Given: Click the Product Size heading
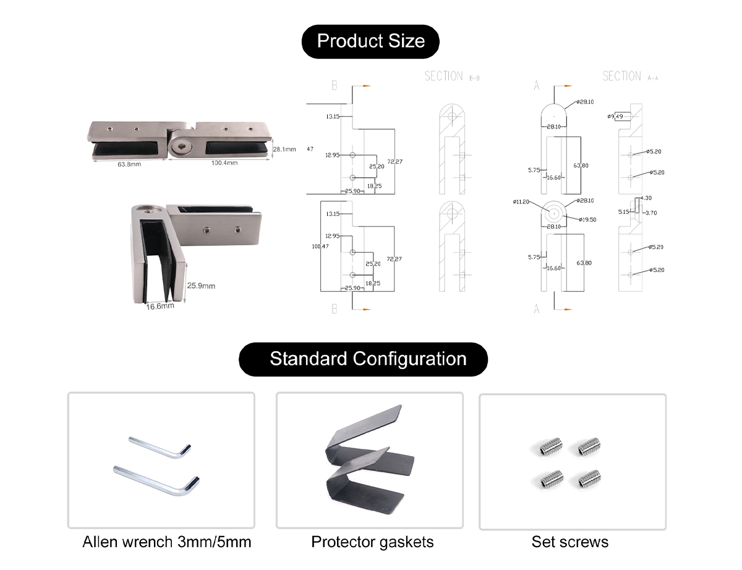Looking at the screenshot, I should pos(370,41).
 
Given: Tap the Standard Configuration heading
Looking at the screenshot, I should pos(368,359).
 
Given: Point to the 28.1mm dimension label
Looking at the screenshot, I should pos(284,149).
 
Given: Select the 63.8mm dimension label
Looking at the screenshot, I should pos(130,164).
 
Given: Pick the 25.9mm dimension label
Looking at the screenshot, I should pos(201,286).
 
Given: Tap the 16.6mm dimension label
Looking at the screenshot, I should pos(160,305).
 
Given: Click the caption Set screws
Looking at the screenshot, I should pos(569,542).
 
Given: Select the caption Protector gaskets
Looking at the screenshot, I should pos(372,542).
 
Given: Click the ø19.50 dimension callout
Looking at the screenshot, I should pos(587,219).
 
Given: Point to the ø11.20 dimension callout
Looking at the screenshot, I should pos(521,202).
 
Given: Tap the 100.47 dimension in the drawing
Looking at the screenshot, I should pos(320,247).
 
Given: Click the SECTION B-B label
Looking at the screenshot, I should pos(452,76).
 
